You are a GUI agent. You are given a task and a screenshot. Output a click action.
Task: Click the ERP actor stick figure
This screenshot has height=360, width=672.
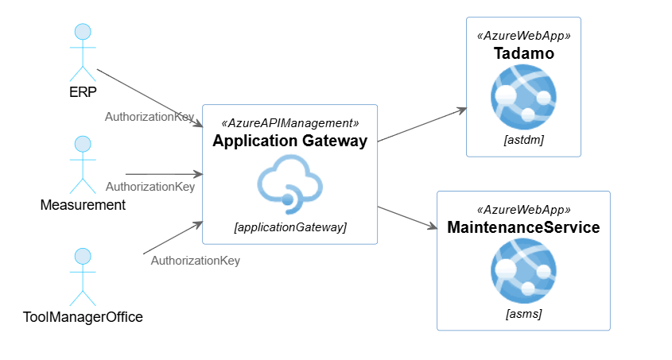[x=83, y=52]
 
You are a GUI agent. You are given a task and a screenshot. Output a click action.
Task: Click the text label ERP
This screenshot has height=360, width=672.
[x=83, y=92]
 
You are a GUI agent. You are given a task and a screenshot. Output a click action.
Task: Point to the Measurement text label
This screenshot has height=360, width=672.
[x=83, y=205]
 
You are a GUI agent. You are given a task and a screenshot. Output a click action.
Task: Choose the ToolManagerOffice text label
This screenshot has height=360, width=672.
[x=83, y=318]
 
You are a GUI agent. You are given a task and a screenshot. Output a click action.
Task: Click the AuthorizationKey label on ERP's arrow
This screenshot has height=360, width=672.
[x=150, y=117]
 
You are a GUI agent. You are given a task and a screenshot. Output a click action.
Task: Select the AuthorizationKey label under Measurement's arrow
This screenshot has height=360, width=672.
[x=150, y=187]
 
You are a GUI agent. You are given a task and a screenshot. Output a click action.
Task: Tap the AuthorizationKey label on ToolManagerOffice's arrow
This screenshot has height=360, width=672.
[x=195, y=260]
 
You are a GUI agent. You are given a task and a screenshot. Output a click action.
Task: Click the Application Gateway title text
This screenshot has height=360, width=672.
[x=289, y=141]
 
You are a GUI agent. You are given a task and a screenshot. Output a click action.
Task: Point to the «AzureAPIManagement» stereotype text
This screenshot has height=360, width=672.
[x=289, y=123]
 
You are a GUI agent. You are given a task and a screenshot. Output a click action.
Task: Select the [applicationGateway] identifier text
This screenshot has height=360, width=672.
[x=289, y=227]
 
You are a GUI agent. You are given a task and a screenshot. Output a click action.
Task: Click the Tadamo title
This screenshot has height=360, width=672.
[x=523, y=54]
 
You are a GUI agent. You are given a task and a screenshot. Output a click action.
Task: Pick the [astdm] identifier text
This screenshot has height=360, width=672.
[x=523, y=140]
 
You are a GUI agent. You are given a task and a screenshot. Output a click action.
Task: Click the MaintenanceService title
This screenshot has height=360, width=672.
[x=523, y=227]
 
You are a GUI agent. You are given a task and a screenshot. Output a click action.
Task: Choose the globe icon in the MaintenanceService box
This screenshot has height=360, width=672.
[x=523, y=269]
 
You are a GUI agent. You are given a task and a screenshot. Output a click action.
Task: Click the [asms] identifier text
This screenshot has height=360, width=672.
[x=523, y=314]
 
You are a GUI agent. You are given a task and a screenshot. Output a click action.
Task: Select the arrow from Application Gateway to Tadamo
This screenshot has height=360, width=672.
[x=421, y=125]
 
